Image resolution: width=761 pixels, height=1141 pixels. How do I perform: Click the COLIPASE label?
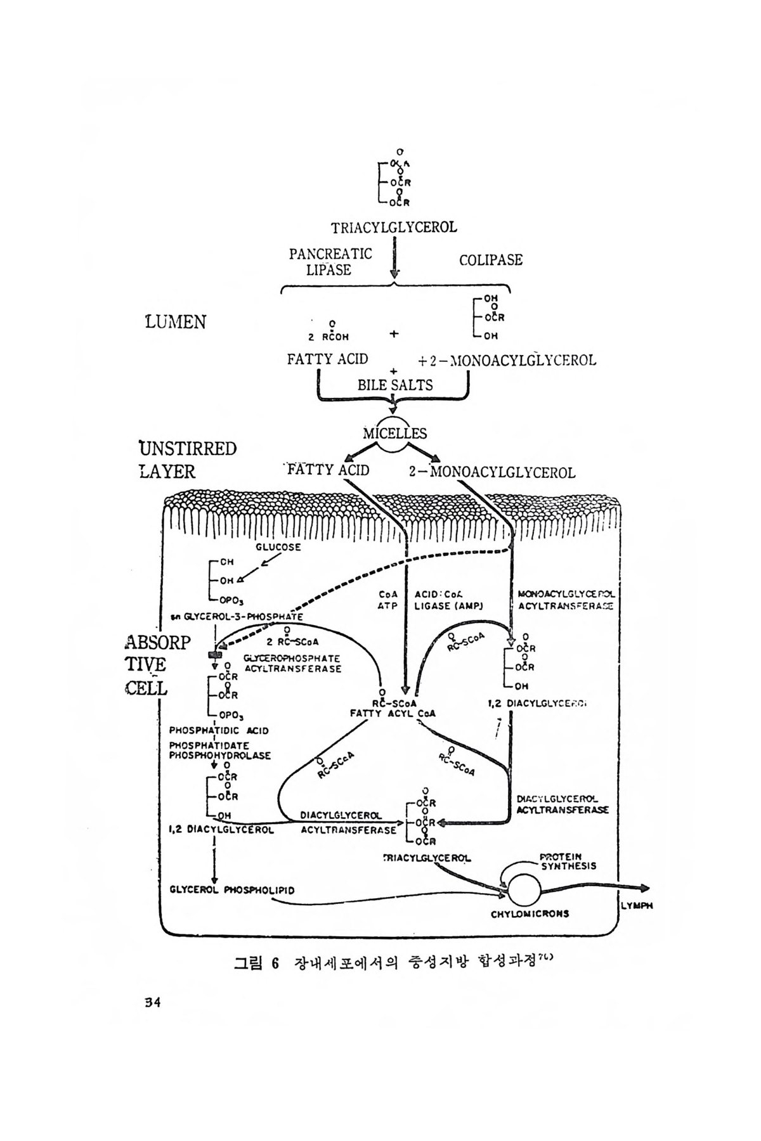pos(490,260)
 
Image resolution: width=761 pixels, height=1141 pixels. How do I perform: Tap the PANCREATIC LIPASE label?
pos(330,262)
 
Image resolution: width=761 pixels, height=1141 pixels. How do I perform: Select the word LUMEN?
pos(176,322)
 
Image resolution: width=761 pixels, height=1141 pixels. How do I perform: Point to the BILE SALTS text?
pos(395,385)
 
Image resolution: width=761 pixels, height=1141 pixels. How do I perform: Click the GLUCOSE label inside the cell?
pos(278,546)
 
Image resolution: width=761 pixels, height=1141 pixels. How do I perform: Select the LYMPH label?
pos(637,906)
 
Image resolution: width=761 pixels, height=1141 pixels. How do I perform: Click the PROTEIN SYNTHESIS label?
pos(568,861)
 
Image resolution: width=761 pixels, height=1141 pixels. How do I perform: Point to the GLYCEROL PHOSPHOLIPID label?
pos(232,890)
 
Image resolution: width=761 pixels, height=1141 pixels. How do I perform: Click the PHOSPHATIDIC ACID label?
pos(219,730)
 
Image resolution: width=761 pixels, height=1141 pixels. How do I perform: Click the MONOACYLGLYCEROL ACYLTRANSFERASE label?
pos(566,600)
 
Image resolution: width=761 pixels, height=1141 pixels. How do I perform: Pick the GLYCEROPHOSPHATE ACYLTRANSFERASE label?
pos(292,664)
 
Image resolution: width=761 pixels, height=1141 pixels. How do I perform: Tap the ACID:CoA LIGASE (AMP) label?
pos(449,600)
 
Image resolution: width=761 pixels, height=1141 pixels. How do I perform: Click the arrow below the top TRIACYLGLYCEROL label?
pos(394,257)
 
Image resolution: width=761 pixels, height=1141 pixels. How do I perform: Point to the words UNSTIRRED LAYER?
pos(187,460)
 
